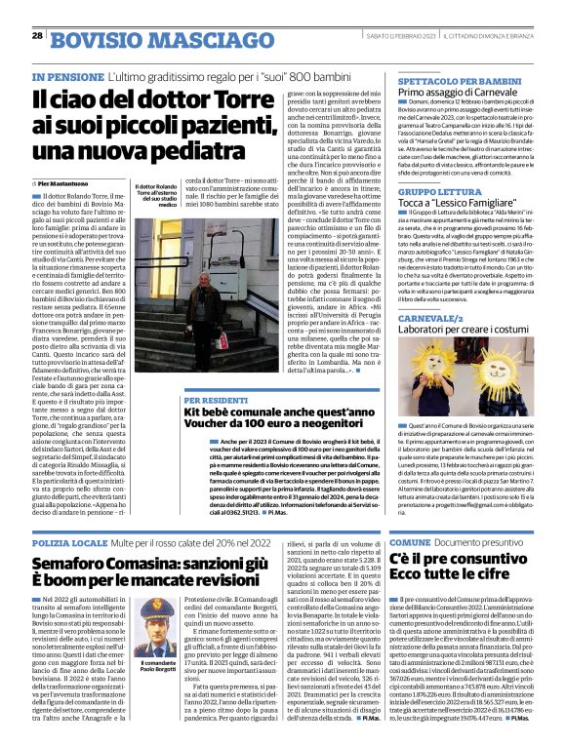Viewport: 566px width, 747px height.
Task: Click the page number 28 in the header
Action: pos(38,35)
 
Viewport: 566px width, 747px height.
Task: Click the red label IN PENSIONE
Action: pos(66,75)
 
